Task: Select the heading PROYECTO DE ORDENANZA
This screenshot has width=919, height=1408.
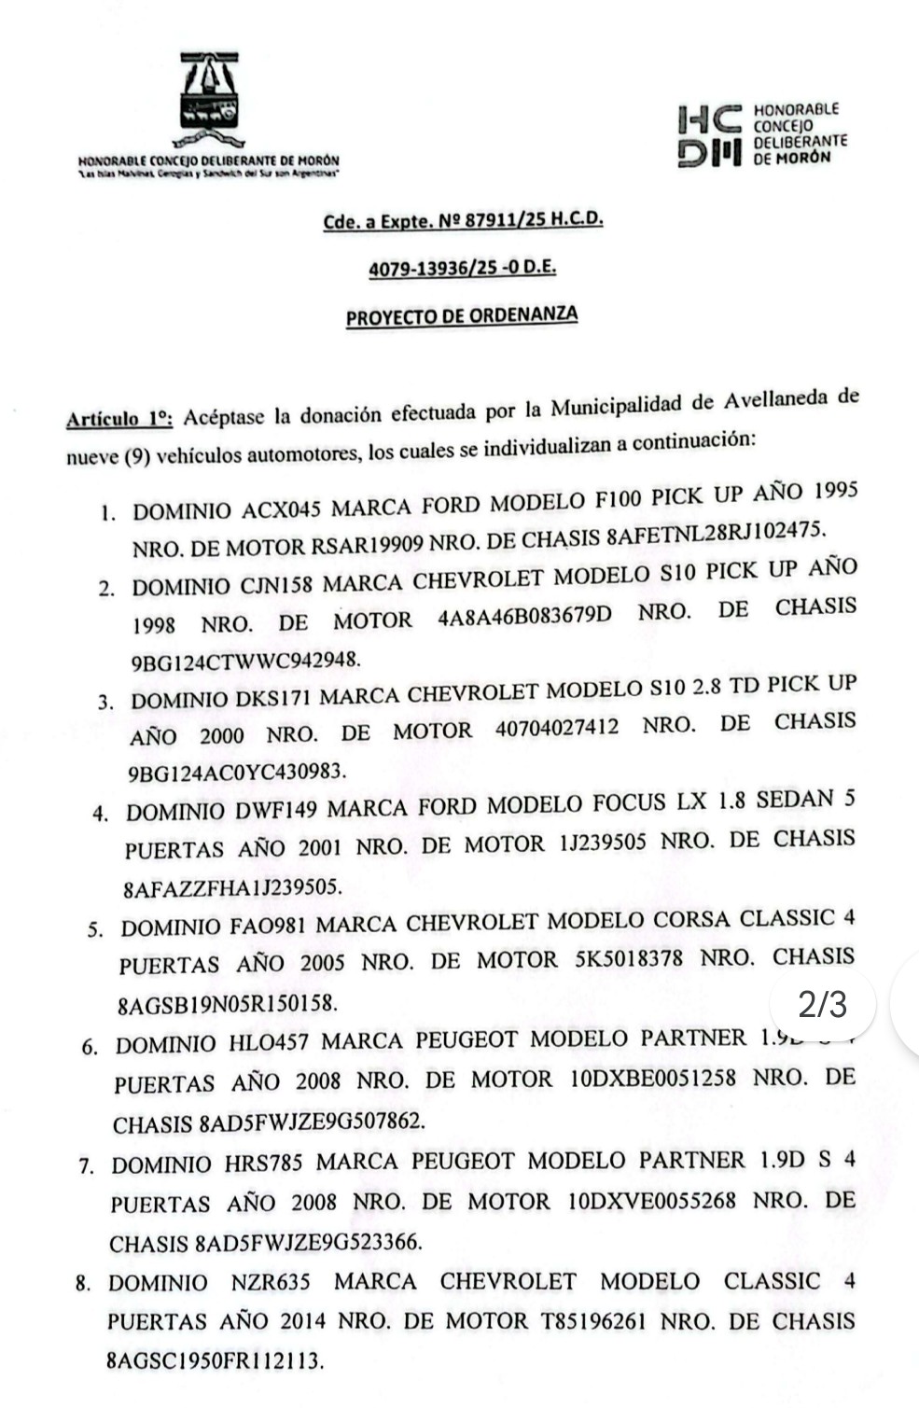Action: point(462,316)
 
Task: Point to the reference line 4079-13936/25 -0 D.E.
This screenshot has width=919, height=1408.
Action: point(463,269)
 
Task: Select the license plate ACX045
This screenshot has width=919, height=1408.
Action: point(282,509)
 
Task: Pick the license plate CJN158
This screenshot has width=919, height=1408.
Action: point(276,586)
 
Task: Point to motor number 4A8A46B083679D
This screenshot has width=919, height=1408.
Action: point(527,618)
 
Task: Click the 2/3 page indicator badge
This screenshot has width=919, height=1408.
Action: point(824,1004)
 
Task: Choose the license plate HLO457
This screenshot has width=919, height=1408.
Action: point(269,1043)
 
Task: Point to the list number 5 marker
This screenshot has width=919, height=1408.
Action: point(94,930)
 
